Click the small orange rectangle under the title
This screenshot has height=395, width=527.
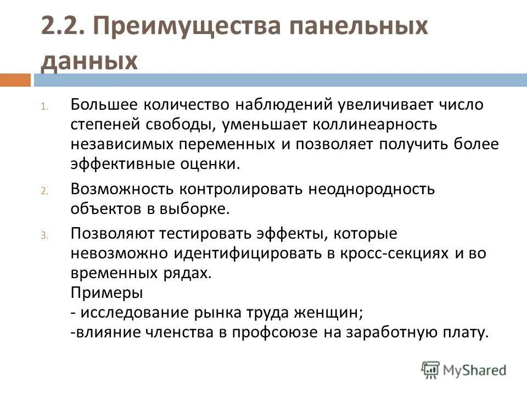(15, 80)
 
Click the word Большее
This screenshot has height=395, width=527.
(104, 104)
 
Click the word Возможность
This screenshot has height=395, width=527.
(121, 189)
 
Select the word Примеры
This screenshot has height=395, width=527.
(106, 292)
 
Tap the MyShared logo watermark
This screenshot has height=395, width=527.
(464, 369)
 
